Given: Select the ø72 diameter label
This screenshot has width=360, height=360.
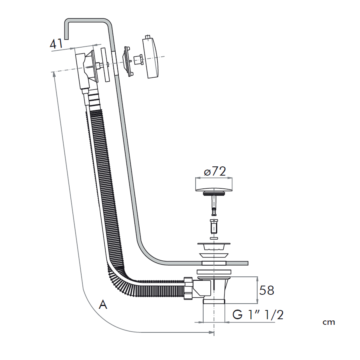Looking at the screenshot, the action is click(x=215, y=171).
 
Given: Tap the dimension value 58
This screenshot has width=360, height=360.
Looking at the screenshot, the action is click(x=266, y=290).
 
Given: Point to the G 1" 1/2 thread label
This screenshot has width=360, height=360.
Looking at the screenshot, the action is click(x=258, y=314).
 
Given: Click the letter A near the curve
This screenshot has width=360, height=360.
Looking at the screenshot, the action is click(x=103, y=305).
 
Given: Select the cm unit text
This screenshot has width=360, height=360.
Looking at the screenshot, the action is click(x=329, y=322).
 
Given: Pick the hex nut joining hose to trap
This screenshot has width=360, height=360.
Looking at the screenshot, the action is click(x=188, y=288).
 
